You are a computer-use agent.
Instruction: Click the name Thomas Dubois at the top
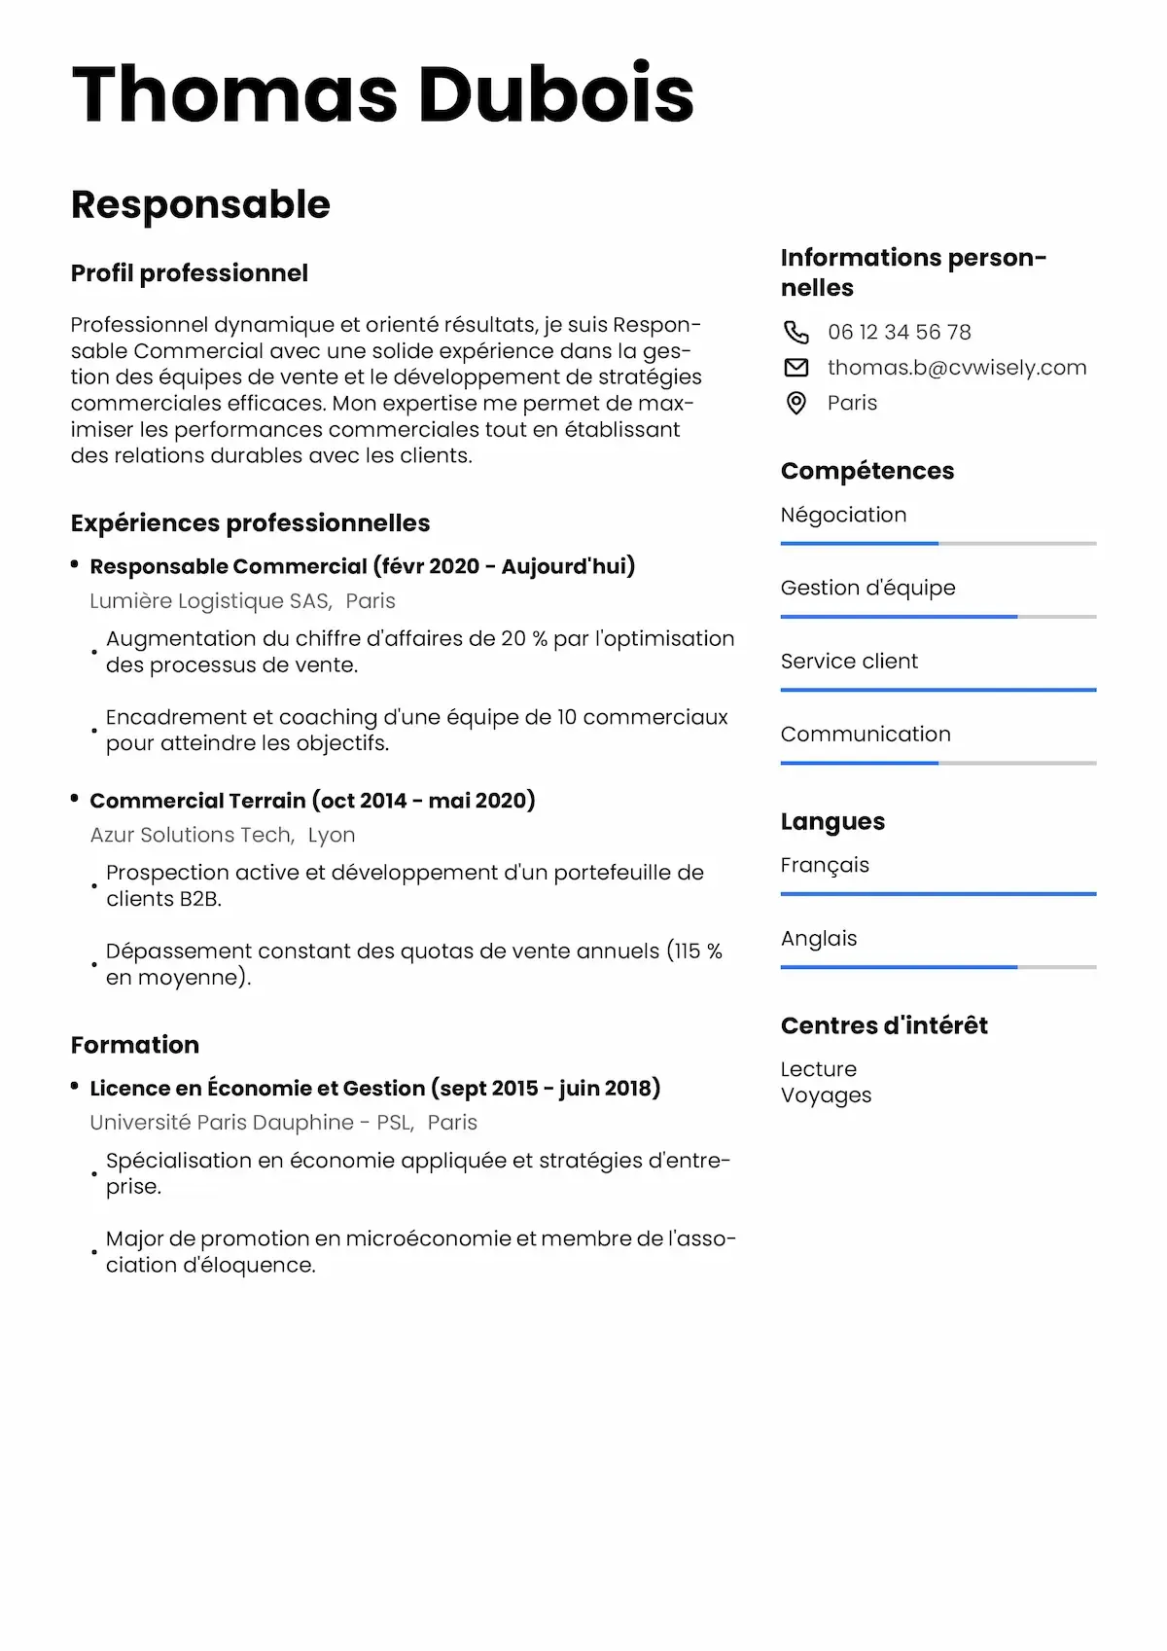click(x=382, y=94)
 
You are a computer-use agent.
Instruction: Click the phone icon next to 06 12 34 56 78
click(x=796, y=333)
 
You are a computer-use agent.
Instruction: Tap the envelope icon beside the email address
click(x=796, y=368)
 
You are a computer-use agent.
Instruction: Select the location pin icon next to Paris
click(x=796, y=403)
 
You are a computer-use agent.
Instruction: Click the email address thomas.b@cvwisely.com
click(x=957, y=368)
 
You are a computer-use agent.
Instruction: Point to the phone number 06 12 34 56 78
click(x=899, y=333)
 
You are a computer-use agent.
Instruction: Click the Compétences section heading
click(x=866, y=471)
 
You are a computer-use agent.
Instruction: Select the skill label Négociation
click(x=843, y=515)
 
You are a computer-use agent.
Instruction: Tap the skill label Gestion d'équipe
click(x=867, y=588)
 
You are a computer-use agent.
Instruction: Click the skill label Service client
click(x=849, y=662)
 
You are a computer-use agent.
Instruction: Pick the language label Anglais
click(x=819, y=939)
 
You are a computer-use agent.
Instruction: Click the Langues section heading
click(x=832, y=822)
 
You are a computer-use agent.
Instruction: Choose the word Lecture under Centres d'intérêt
click(x=818, y=1069)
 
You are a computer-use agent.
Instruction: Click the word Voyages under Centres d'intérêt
click(x=826, y=1095)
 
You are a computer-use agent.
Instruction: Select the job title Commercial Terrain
click(x=197, y=801)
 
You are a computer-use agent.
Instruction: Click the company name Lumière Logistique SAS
click(x=210, y=601)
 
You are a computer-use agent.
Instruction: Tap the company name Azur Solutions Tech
click(x=191, y=835)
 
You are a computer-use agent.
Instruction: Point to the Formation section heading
click(x=135, y=1045)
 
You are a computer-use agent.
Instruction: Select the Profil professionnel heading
click(x=190, y=273)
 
